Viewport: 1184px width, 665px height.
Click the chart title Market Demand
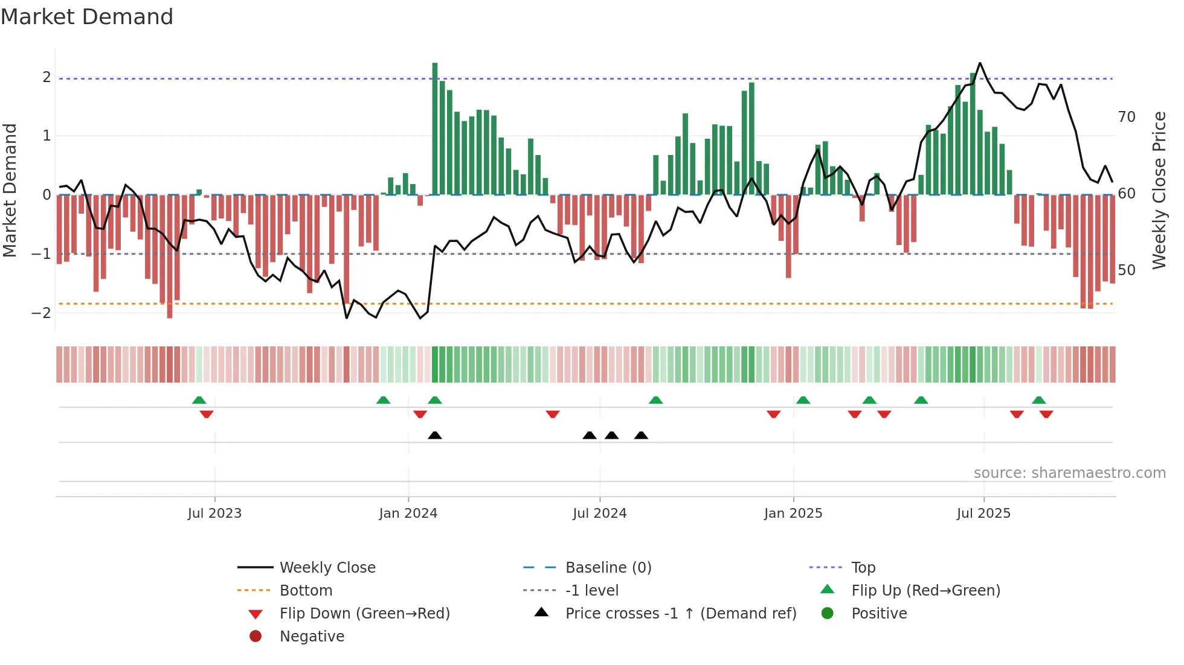[x=87, y=17]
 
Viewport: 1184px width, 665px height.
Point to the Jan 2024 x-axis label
[x=408, y=514]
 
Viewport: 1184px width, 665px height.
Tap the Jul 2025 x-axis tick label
[x=983, y=514]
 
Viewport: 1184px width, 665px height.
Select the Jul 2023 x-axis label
[x=214, y=514]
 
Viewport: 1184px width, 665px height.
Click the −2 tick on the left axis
[x=41, y=313]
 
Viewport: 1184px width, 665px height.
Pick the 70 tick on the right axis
[x=1127, y=116]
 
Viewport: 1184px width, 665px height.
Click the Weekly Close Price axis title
[x=1159, y=190]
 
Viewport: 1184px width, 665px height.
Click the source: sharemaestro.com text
[x=1069, y=472]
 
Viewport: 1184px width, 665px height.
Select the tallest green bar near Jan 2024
[x=435, y=128]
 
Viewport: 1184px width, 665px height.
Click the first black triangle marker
[x=435, y=435]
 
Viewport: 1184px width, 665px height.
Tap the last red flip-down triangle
[x=1046, y=414]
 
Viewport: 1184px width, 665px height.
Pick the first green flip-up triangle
[x=199, y=399]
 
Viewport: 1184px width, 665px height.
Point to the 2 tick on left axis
[x=47, y=77]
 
